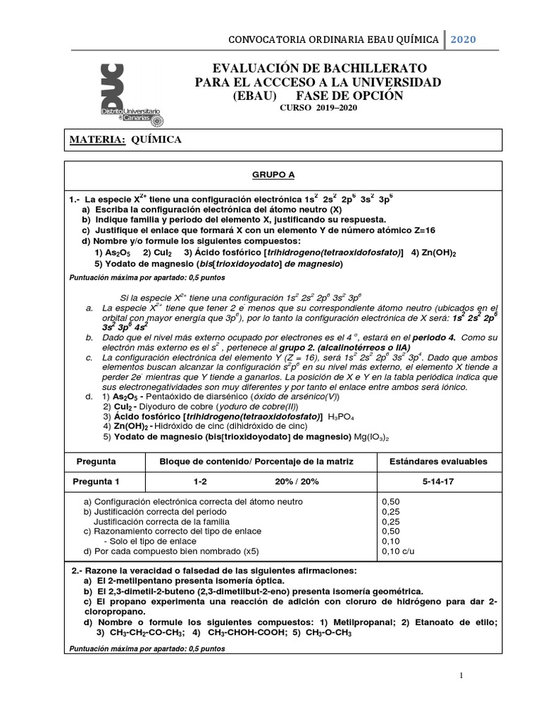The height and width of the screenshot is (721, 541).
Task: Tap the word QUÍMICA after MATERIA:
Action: point(156,139)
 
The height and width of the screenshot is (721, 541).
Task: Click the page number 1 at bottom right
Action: point(461,675)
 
